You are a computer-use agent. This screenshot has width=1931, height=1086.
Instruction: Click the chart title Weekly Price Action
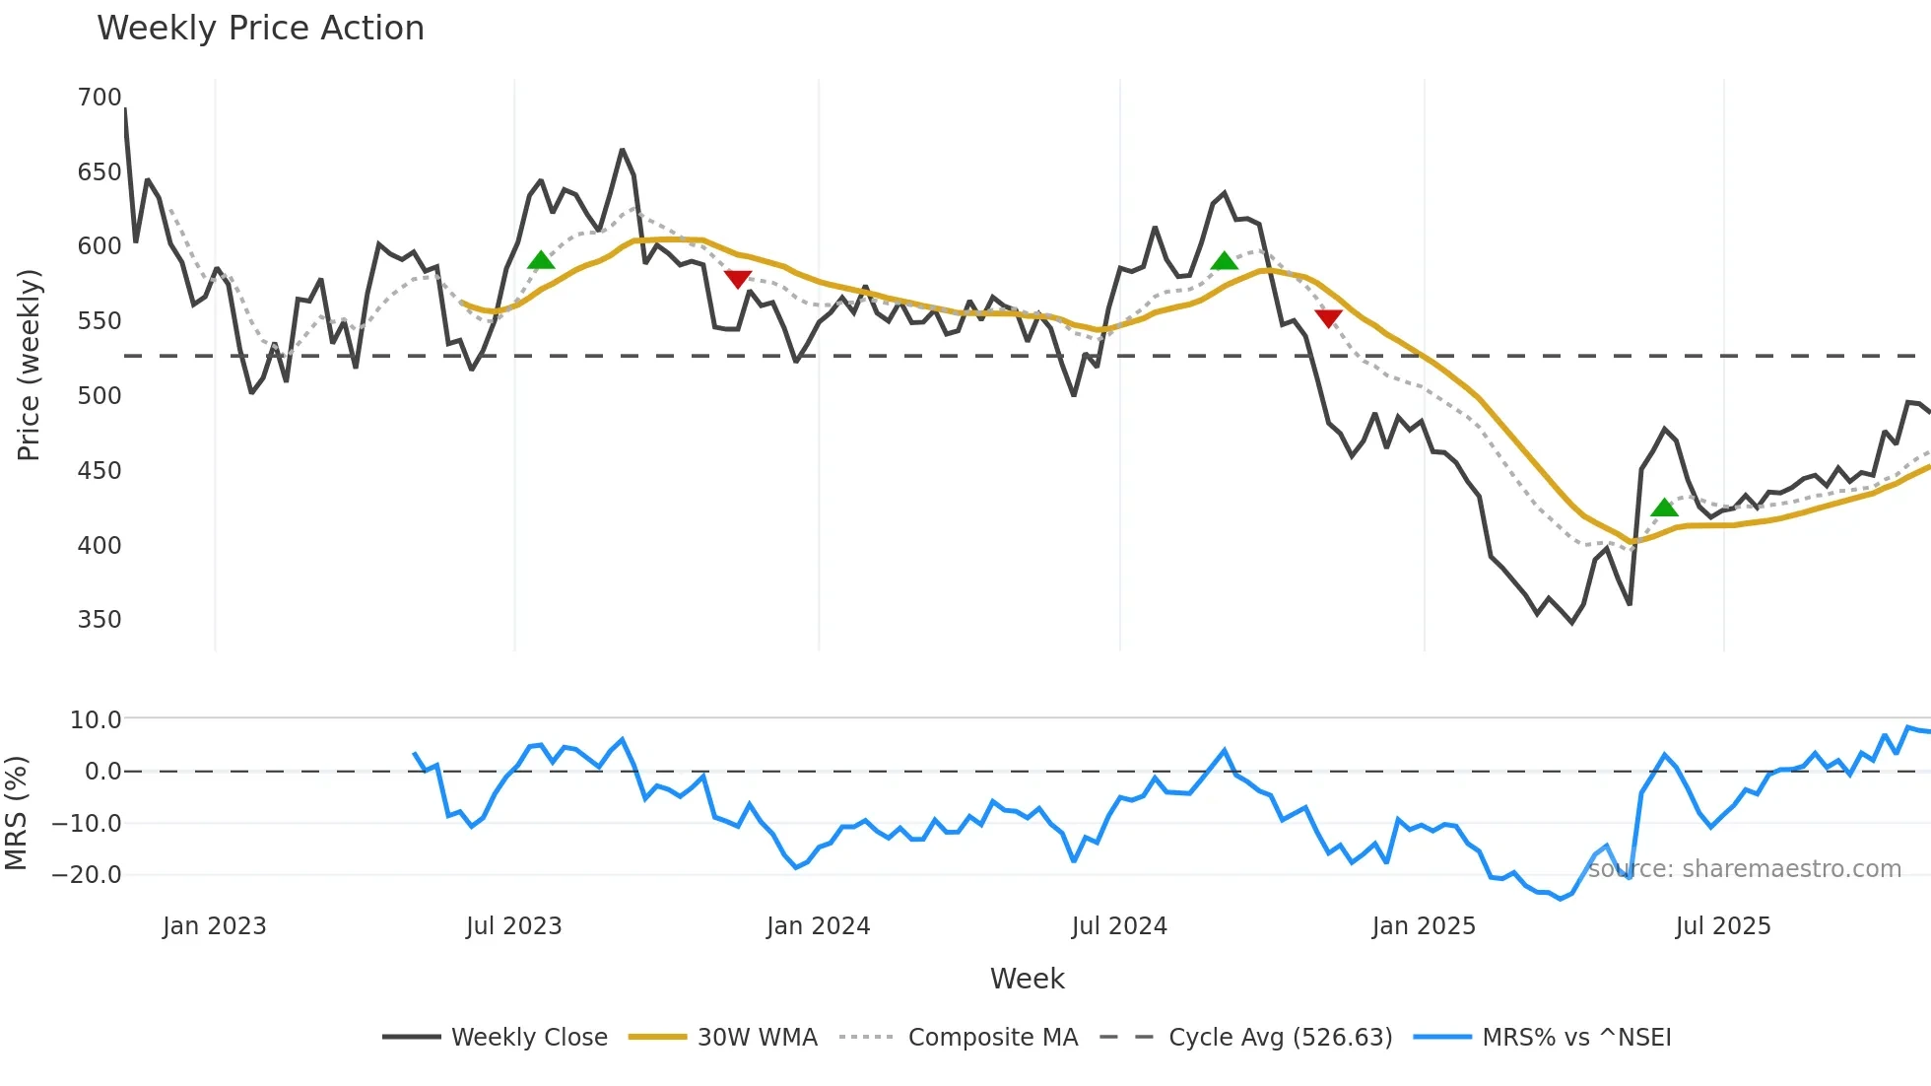(260, 29)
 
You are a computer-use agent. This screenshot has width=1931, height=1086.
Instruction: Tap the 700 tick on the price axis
(100, 98)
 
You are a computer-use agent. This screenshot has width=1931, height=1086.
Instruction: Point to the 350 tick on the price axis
(100, 620)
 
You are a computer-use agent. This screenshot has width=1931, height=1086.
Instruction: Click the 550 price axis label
(100, 321)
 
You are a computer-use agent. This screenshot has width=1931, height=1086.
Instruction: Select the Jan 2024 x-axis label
(818, 926)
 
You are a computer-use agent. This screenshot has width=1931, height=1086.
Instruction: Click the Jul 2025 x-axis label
(1723, 926)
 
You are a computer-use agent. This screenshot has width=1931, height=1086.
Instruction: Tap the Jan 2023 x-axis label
(215, 926)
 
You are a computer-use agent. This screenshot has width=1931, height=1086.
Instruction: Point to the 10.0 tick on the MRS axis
(96, 720)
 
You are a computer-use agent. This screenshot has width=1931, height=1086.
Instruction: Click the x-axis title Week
(1027, 979)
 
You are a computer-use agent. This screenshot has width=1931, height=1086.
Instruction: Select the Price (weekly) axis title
(29, 365)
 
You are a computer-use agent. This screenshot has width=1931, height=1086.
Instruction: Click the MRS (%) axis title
(16, 813)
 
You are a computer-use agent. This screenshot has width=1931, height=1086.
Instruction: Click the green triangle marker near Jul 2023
(541, 261)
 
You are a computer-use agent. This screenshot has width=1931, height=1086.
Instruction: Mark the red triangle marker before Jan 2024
(738, 279)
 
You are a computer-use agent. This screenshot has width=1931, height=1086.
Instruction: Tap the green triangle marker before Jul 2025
(1664, 509)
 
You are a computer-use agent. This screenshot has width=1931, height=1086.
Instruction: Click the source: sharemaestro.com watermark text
(1744, 869)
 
